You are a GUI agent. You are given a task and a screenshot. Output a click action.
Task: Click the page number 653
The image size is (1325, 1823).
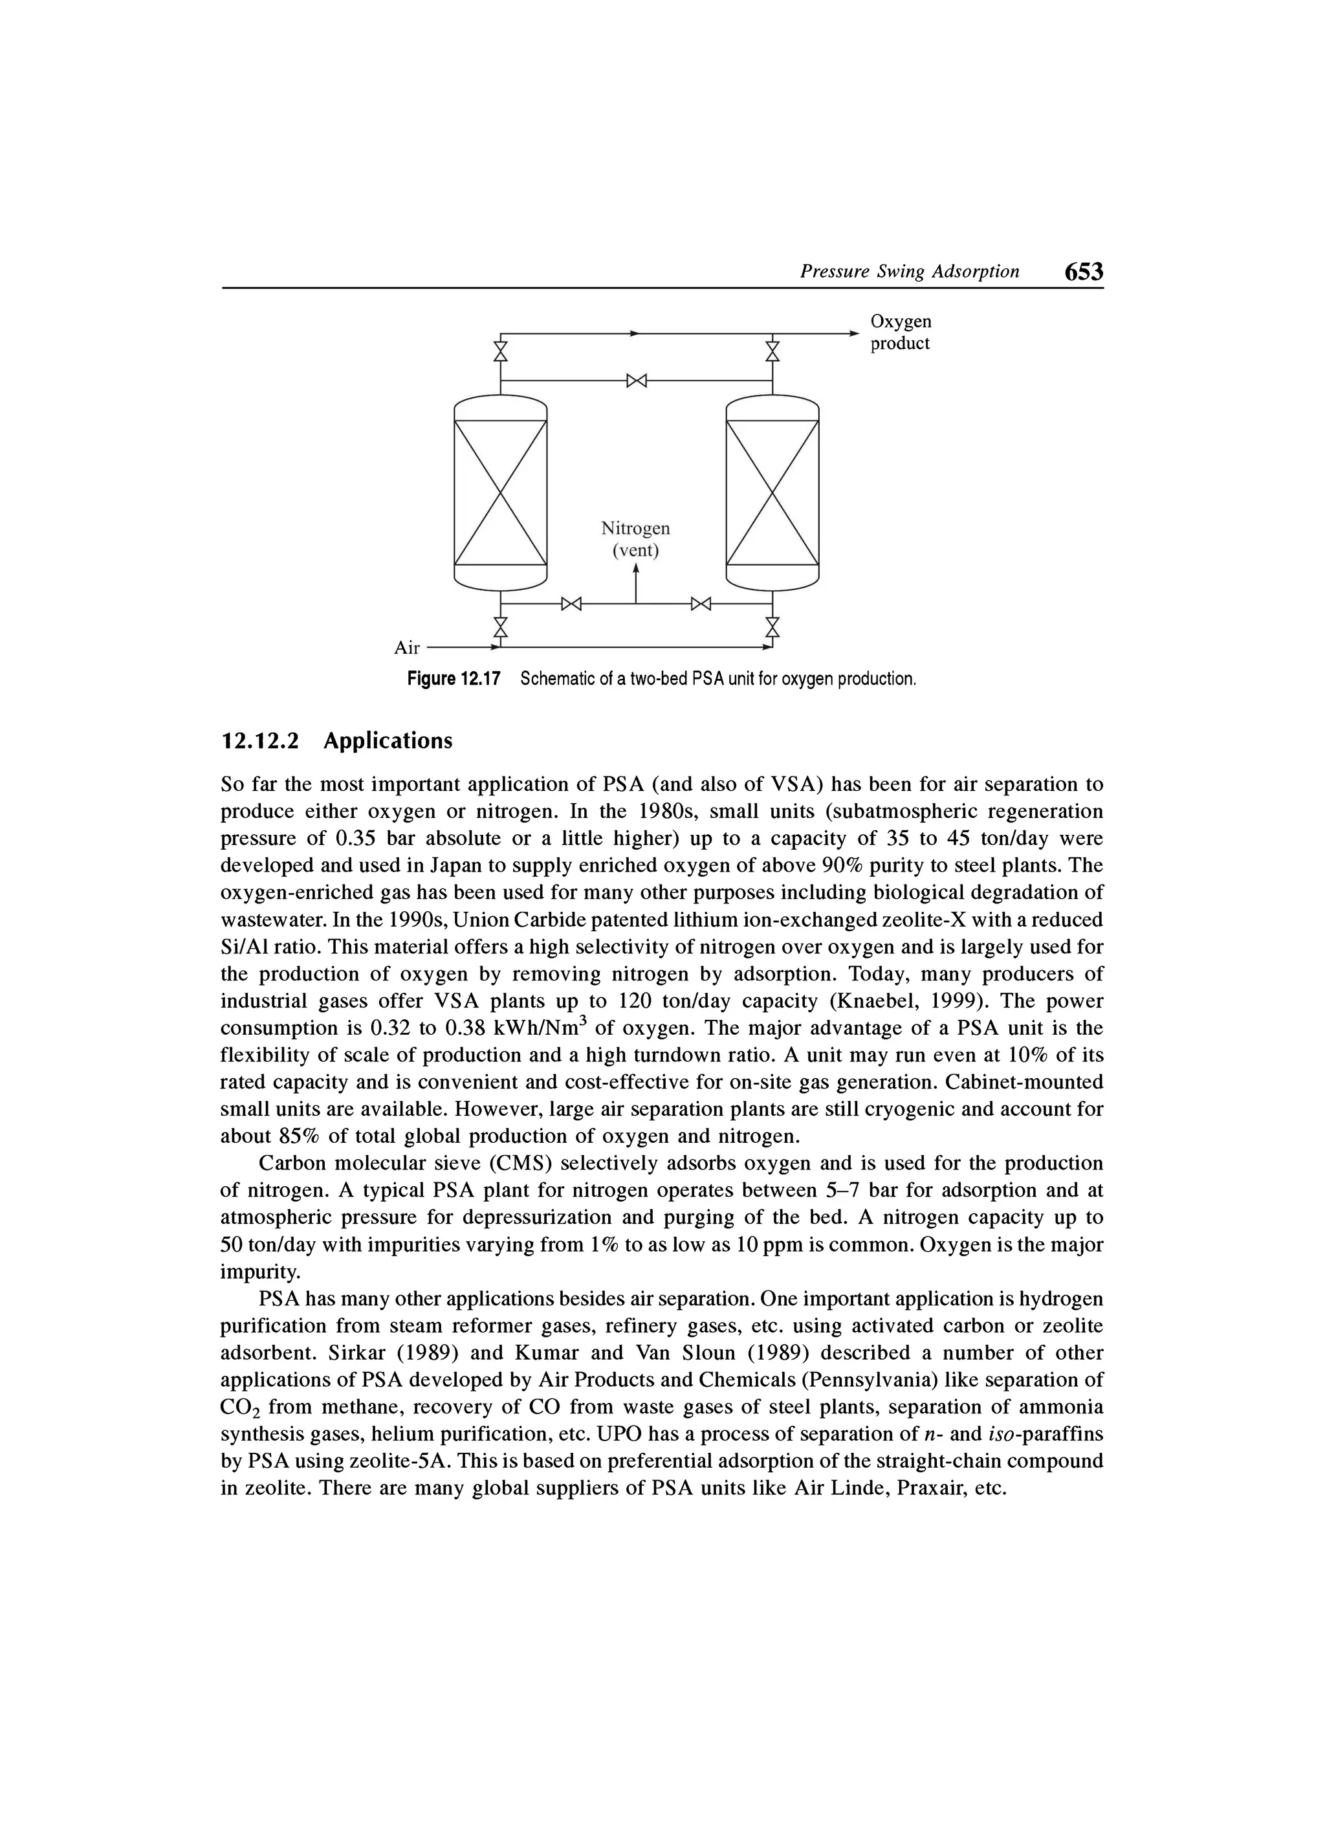(1083, 272)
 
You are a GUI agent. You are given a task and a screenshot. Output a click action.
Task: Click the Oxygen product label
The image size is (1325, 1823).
(901, 332)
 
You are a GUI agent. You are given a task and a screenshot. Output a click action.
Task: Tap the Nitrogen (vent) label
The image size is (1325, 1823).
(635, 539)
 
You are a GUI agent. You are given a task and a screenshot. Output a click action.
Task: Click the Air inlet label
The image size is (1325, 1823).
(408, 648)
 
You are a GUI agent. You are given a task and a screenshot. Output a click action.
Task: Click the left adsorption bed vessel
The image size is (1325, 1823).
(500, 492)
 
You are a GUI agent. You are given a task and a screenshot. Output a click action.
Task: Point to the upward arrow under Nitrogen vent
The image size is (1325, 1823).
(635, 580)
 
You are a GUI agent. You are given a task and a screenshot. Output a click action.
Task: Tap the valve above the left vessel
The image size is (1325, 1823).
(501, 351)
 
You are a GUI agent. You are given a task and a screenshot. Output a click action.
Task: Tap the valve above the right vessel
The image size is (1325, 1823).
(772, 351)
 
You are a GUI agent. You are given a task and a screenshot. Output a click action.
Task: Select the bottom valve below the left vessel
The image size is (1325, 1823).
(501, 626)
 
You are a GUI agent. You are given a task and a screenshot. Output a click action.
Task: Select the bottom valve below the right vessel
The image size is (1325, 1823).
(772, 626)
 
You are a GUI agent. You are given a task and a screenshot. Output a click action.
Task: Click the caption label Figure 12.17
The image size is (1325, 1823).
(453, 679)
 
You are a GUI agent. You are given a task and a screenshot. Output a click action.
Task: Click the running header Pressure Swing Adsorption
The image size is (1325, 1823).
(909, 272)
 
